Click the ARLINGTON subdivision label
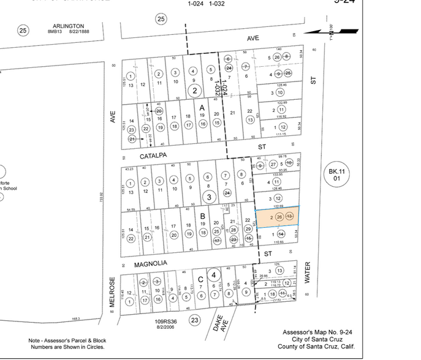click(x=67, y=26)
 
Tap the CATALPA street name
click(x=153, y=156)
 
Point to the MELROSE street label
click(x=112, y=294)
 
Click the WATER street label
click(x=307, y=273)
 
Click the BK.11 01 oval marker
click(x=336, y=175)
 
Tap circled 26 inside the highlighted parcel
click(x=279, y=217)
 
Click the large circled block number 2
click(x=195, y=91)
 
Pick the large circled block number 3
click(x=209, y=197)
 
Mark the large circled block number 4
click(x=214, y=274)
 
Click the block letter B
click(x=202, y=216)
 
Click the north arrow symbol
click(x=331, y=32)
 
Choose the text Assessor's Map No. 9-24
click(x=317, y=332)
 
